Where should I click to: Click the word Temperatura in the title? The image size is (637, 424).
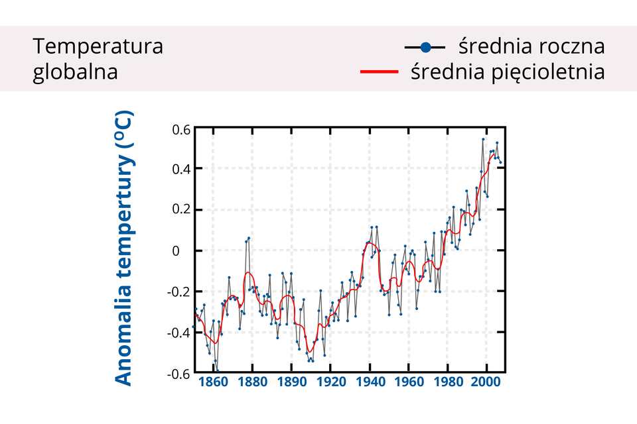pyautogui.click(x=98, y=47)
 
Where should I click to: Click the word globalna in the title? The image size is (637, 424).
pyautogui.click(x=76, y=71)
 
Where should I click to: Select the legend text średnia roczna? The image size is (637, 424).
pyautogui.click(x=531, y=47)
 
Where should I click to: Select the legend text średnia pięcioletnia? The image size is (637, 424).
pyautogui.click(x=508, y=71)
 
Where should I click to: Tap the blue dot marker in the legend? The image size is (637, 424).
pyautogui.click(x=425, y=47)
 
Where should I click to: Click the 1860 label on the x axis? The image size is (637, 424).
pyautogui.click(x=212, y=382)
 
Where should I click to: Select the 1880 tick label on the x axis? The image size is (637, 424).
pyautogui.click(x=252, y=382)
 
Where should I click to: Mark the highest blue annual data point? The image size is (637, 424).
pyautogui.click(x=483, y=139)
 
